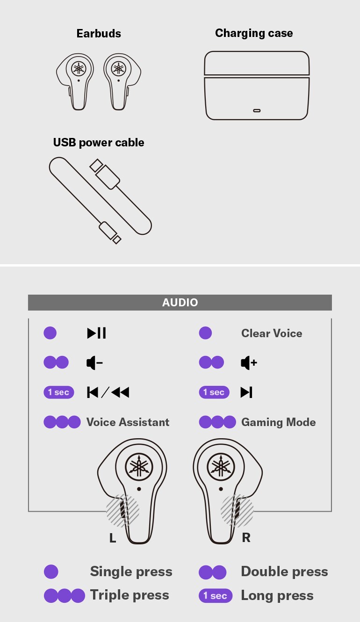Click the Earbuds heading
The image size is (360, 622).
99,34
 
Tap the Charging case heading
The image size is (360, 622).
254,33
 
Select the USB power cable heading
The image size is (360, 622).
99,143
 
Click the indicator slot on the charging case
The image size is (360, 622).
257,110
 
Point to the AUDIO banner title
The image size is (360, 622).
180,303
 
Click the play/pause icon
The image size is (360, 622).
97,333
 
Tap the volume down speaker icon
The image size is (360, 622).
94,362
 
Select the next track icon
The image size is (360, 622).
246,392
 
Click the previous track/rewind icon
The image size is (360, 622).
108,392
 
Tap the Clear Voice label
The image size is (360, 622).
272,333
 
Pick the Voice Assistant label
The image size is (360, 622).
128,422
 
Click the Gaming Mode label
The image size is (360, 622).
279,422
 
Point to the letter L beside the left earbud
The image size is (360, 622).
112,538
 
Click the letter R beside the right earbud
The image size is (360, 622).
246,538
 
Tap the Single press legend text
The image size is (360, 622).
131,571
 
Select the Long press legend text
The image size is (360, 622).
277,595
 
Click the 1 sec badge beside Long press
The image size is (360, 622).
216,596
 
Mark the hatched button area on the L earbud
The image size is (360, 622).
122,510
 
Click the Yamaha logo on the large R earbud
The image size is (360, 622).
221,467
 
